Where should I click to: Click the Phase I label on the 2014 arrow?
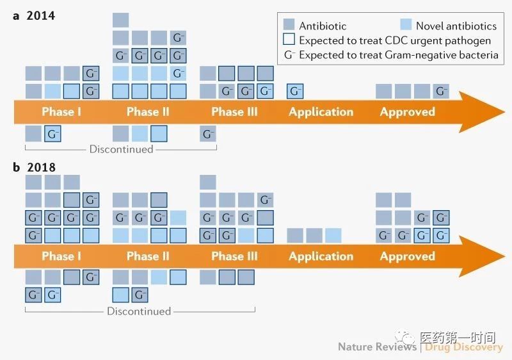coord(61,111)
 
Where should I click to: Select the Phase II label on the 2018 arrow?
coord(148,256)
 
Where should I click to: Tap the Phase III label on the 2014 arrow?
coord(234,111)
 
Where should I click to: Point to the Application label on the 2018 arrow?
coord(321,256)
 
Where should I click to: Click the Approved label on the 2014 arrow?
coord(408,112)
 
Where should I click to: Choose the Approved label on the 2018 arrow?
coord(408,256)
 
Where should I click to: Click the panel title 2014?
coord(41,15)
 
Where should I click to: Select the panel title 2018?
coord(41,167)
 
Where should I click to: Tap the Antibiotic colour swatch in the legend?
coord(289,24)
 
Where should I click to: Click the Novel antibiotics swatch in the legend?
coord(406,24)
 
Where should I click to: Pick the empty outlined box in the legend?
coord(289,39)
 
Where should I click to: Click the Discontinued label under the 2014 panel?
coord(121,149)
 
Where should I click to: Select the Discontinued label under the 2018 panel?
coord(139,311)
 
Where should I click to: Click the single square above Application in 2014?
coord(295,91)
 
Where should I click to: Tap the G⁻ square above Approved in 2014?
coord(441,91)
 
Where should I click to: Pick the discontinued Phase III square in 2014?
coord(208,134)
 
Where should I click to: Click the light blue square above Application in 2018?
coord(333,236)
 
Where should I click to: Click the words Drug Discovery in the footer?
coord(463,347)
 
